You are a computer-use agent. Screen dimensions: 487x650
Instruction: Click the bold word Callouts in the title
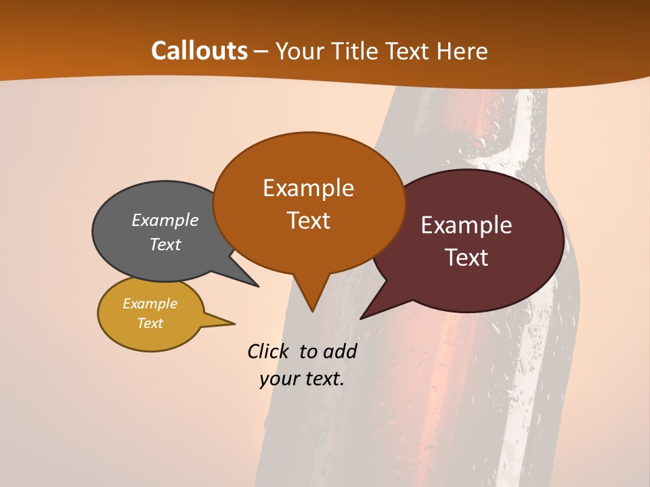coord(200,51)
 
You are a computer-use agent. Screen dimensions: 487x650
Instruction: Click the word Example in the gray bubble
coord(165,220)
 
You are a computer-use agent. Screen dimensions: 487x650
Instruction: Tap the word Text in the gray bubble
coord(165,244)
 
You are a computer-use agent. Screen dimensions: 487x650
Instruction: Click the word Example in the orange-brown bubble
coord(308,188)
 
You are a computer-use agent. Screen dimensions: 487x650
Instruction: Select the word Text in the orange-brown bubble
coord(308,221)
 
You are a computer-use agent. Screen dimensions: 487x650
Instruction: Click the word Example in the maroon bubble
coord(467,225)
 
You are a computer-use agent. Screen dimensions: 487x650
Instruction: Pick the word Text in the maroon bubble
coord(467,258)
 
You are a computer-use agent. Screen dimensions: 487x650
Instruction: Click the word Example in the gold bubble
coord(150,304)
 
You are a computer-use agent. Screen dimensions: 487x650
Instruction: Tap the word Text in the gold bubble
coord(150,323)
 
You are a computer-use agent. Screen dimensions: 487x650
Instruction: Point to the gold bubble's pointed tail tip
coord(234,323)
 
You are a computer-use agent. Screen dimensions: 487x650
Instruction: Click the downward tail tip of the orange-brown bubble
coord(312,311)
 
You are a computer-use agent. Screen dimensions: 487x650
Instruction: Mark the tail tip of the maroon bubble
coord(361,318)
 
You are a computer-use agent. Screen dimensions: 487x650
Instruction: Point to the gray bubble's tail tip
coord(258,286)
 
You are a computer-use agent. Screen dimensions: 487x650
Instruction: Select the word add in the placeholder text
coord(339,351)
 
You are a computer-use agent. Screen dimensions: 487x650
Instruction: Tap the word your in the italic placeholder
coord(278,379)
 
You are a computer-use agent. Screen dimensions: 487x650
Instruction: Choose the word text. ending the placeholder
coord(323,379)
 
